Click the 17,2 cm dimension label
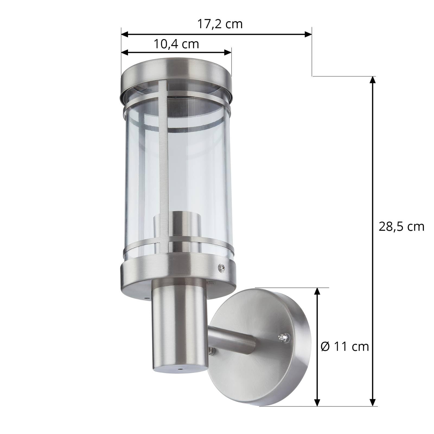coord(219,24)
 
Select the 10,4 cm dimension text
coord(176,44)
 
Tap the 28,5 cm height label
coord(401,226)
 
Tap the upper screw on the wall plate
coord(282,337)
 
